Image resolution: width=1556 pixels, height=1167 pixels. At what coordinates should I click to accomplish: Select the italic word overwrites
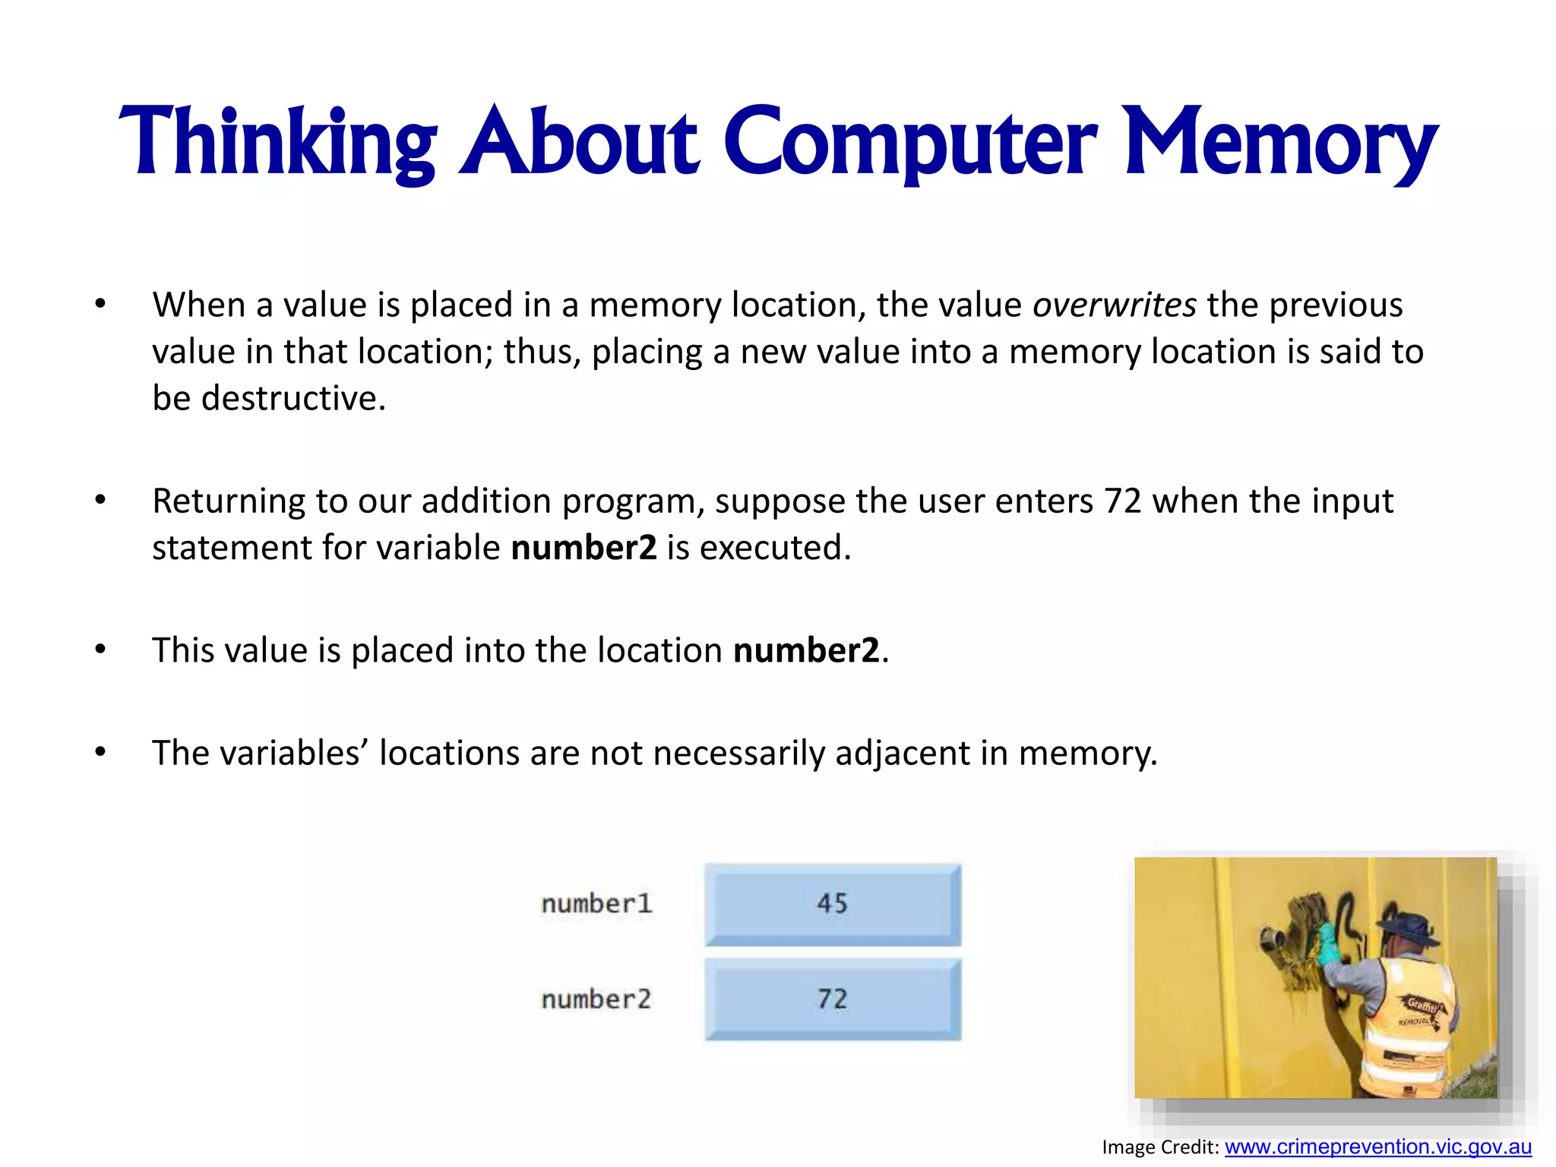[1115, 305]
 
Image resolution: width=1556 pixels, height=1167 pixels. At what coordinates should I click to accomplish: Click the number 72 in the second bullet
[1123, 501]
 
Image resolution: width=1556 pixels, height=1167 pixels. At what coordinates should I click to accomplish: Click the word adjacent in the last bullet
[902, 754]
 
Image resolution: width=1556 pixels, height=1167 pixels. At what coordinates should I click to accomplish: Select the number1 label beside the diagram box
[596, 904]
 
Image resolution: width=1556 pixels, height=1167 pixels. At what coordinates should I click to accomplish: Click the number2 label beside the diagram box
[596, 1000]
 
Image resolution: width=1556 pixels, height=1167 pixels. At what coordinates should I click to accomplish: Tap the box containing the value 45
[833, 904]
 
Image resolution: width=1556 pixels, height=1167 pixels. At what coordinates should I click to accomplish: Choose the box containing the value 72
[833, 1000]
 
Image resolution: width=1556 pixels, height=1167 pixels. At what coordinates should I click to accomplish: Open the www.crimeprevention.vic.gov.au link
[1377, 1146]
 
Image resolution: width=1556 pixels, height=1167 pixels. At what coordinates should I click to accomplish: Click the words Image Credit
[1159, 1147]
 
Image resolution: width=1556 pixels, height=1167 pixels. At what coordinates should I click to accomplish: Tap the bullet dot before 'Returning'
[100, 500]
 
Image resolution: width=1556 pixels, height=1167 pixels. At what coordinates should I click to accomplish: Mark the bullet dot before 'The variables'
[100, 752]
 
